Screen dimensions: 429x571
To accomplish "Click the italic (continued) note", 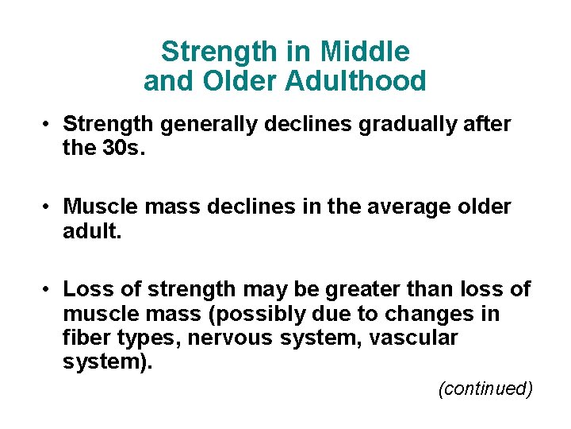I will pos(485,388).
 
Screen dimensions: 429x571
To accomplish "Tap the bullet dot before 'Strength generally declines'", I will pos(48,126).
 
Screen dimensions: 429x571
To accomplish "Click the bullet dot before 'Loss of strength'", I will pos(48,290).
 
